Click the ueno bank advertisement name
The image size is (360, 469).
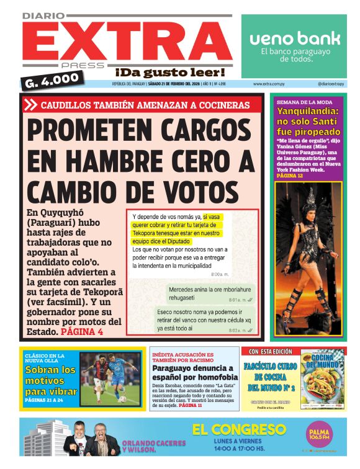tap(295, 38)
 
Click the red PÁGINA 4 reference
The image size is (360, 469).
tap(83, 332)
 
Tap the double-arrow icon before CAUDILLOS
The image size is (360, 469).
tap(30, 105)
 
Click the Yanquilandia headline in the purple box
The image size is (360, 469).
tap(308, 122)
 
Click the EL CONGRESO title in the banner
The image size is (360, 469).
tap(239, 429)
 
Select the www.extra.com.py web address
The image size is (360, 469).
tap(270, 84)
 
